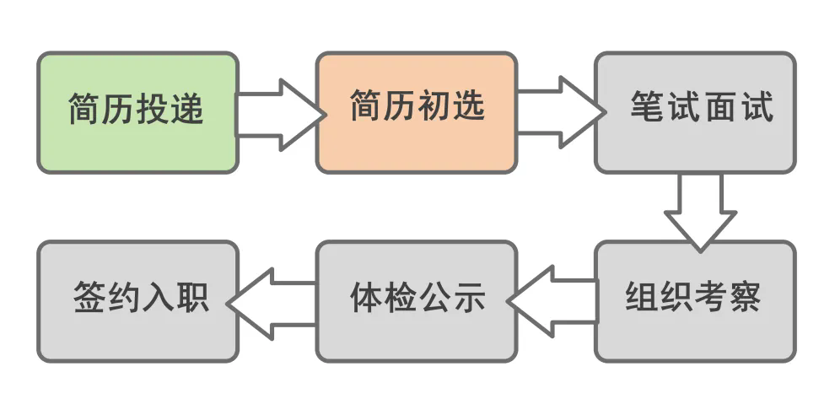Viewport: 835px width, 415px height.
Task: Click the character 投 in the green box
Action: click(154, 110)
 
